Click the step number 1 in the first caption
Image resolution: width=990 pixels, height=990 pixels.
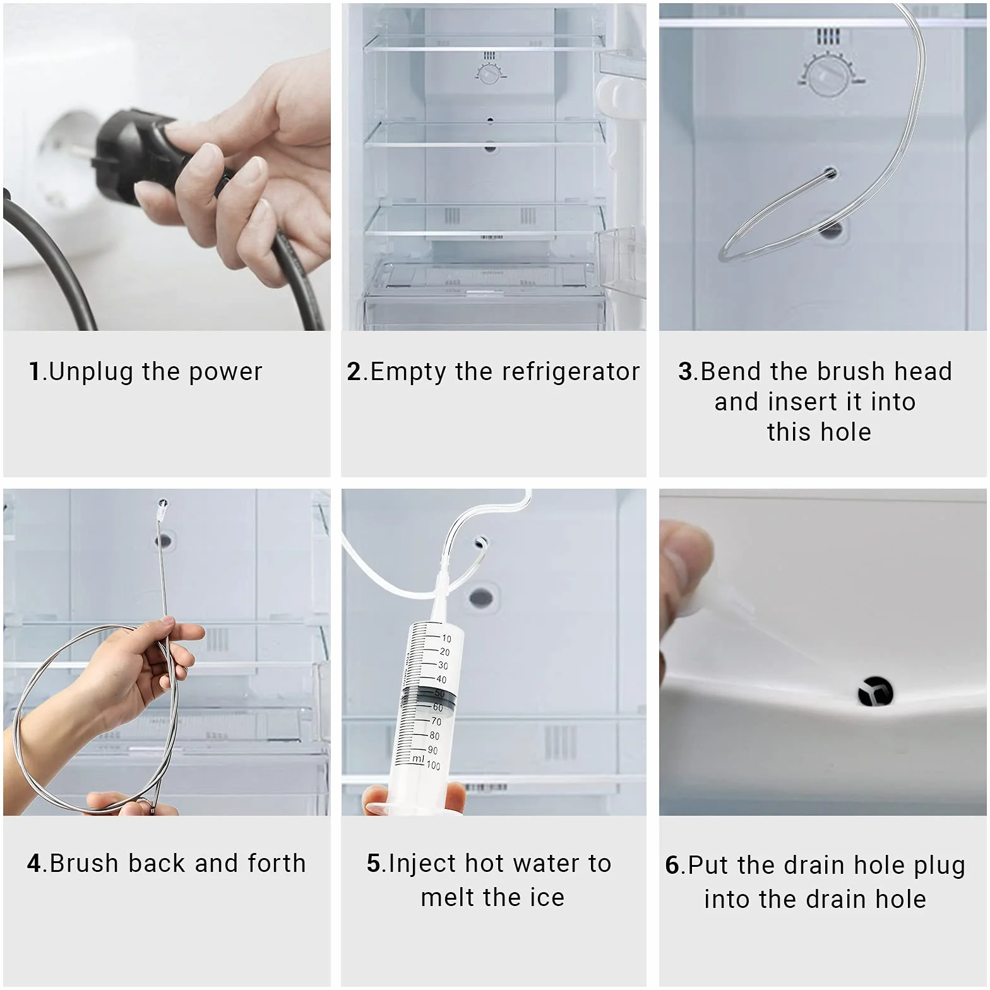35,371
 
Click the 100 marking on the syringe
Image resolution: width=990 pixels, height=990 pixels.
433,765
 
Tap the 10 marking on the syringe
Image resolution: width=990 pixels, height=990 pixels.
446,638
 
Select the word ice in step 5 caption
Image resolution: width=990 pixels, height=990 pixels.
546,898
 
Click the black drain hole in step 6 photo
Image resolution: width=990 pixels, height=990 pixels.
876,691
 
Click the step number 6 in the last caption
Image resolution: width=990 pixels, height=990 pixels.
673,865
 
